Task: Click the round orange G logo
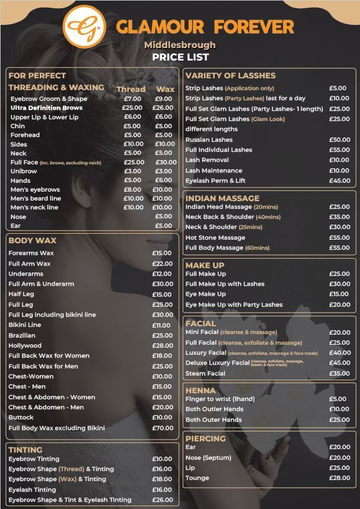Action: point(84,26)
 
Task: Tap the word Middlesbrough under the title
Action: point(180,45)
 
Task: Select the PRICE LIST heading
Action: point(180,58)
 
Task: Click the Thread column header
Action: point(130,89)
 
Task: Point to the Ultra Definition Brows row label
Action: point(46,108)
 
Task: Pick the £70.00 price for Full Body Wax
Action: point(162,428)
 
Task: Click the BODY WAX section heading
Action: point(33,240)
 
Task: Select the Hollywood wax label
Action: point(25,345)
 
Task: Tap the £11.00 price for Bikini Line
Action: point(161,325)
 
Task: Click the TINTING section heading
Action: point(26,450)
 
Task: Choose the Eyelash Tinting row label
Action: point(32,489)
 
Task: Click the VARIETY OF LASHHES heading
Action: point(230,75)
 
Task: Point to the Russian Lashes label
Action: point(209,139)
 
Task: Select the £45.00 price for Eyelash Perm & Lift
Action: point(339,180)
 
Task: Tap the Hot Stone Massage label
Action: point(215,237)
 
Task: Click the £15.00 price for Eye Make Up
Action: point(339,294)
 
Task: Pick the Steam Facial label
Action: point(205,373)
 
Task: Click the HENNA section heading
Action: point(200,391)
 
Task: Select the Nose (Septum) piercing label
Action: point(208,457)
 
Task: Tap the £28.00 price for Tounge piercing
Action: point(339,478)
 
